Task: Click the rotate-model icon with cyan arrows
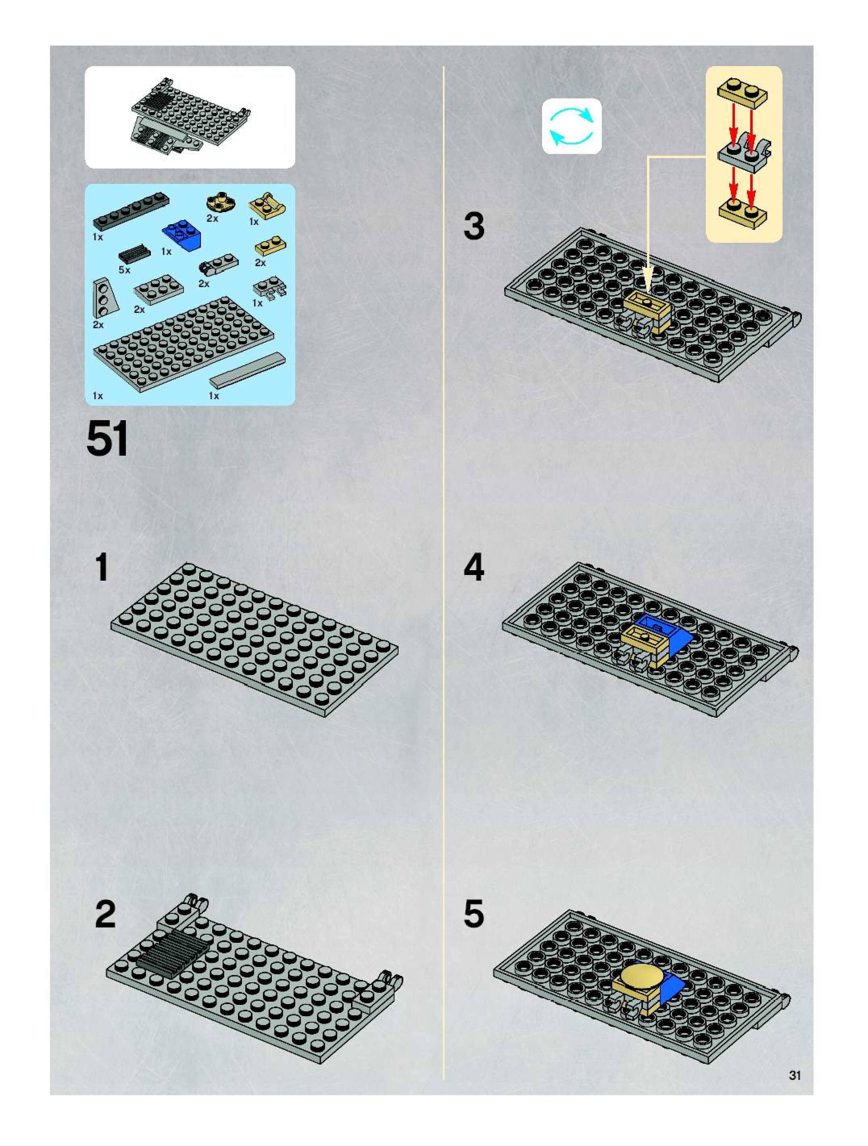click(572, 126)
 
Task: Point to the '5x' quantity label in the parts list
click(124, 270)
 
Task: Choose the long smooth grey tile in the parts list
click(247, 369)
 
